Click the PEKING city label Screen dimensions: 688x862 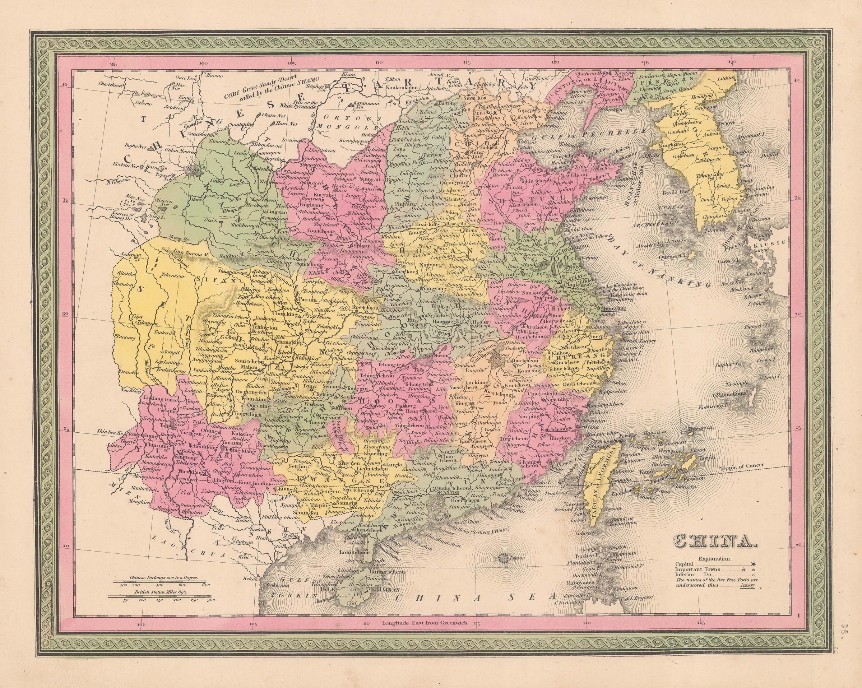[483, 113]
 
